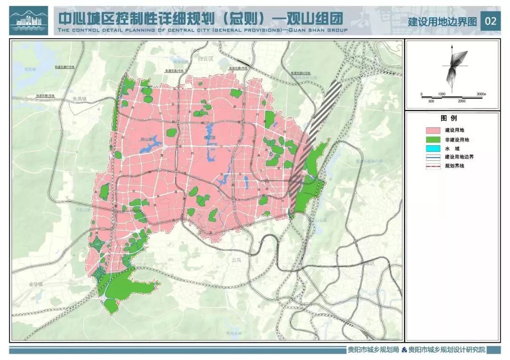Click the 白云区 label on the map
tap(206, 59)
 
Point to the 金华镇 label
tap(35, 284)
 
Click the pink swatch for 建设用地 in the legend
tap(433, 130)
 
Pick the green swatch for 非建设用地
tap(433, 139)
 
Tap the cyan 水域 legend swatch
tap(433, 148)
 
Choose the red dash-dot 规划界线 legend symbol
tap(433, 166)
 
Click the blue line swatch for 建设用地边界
tap(433, 157)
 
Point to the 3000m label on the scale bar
tap(481, 94)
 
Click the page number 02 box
tap(491, 21)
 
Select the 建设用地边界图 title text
tap(442, 22)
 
